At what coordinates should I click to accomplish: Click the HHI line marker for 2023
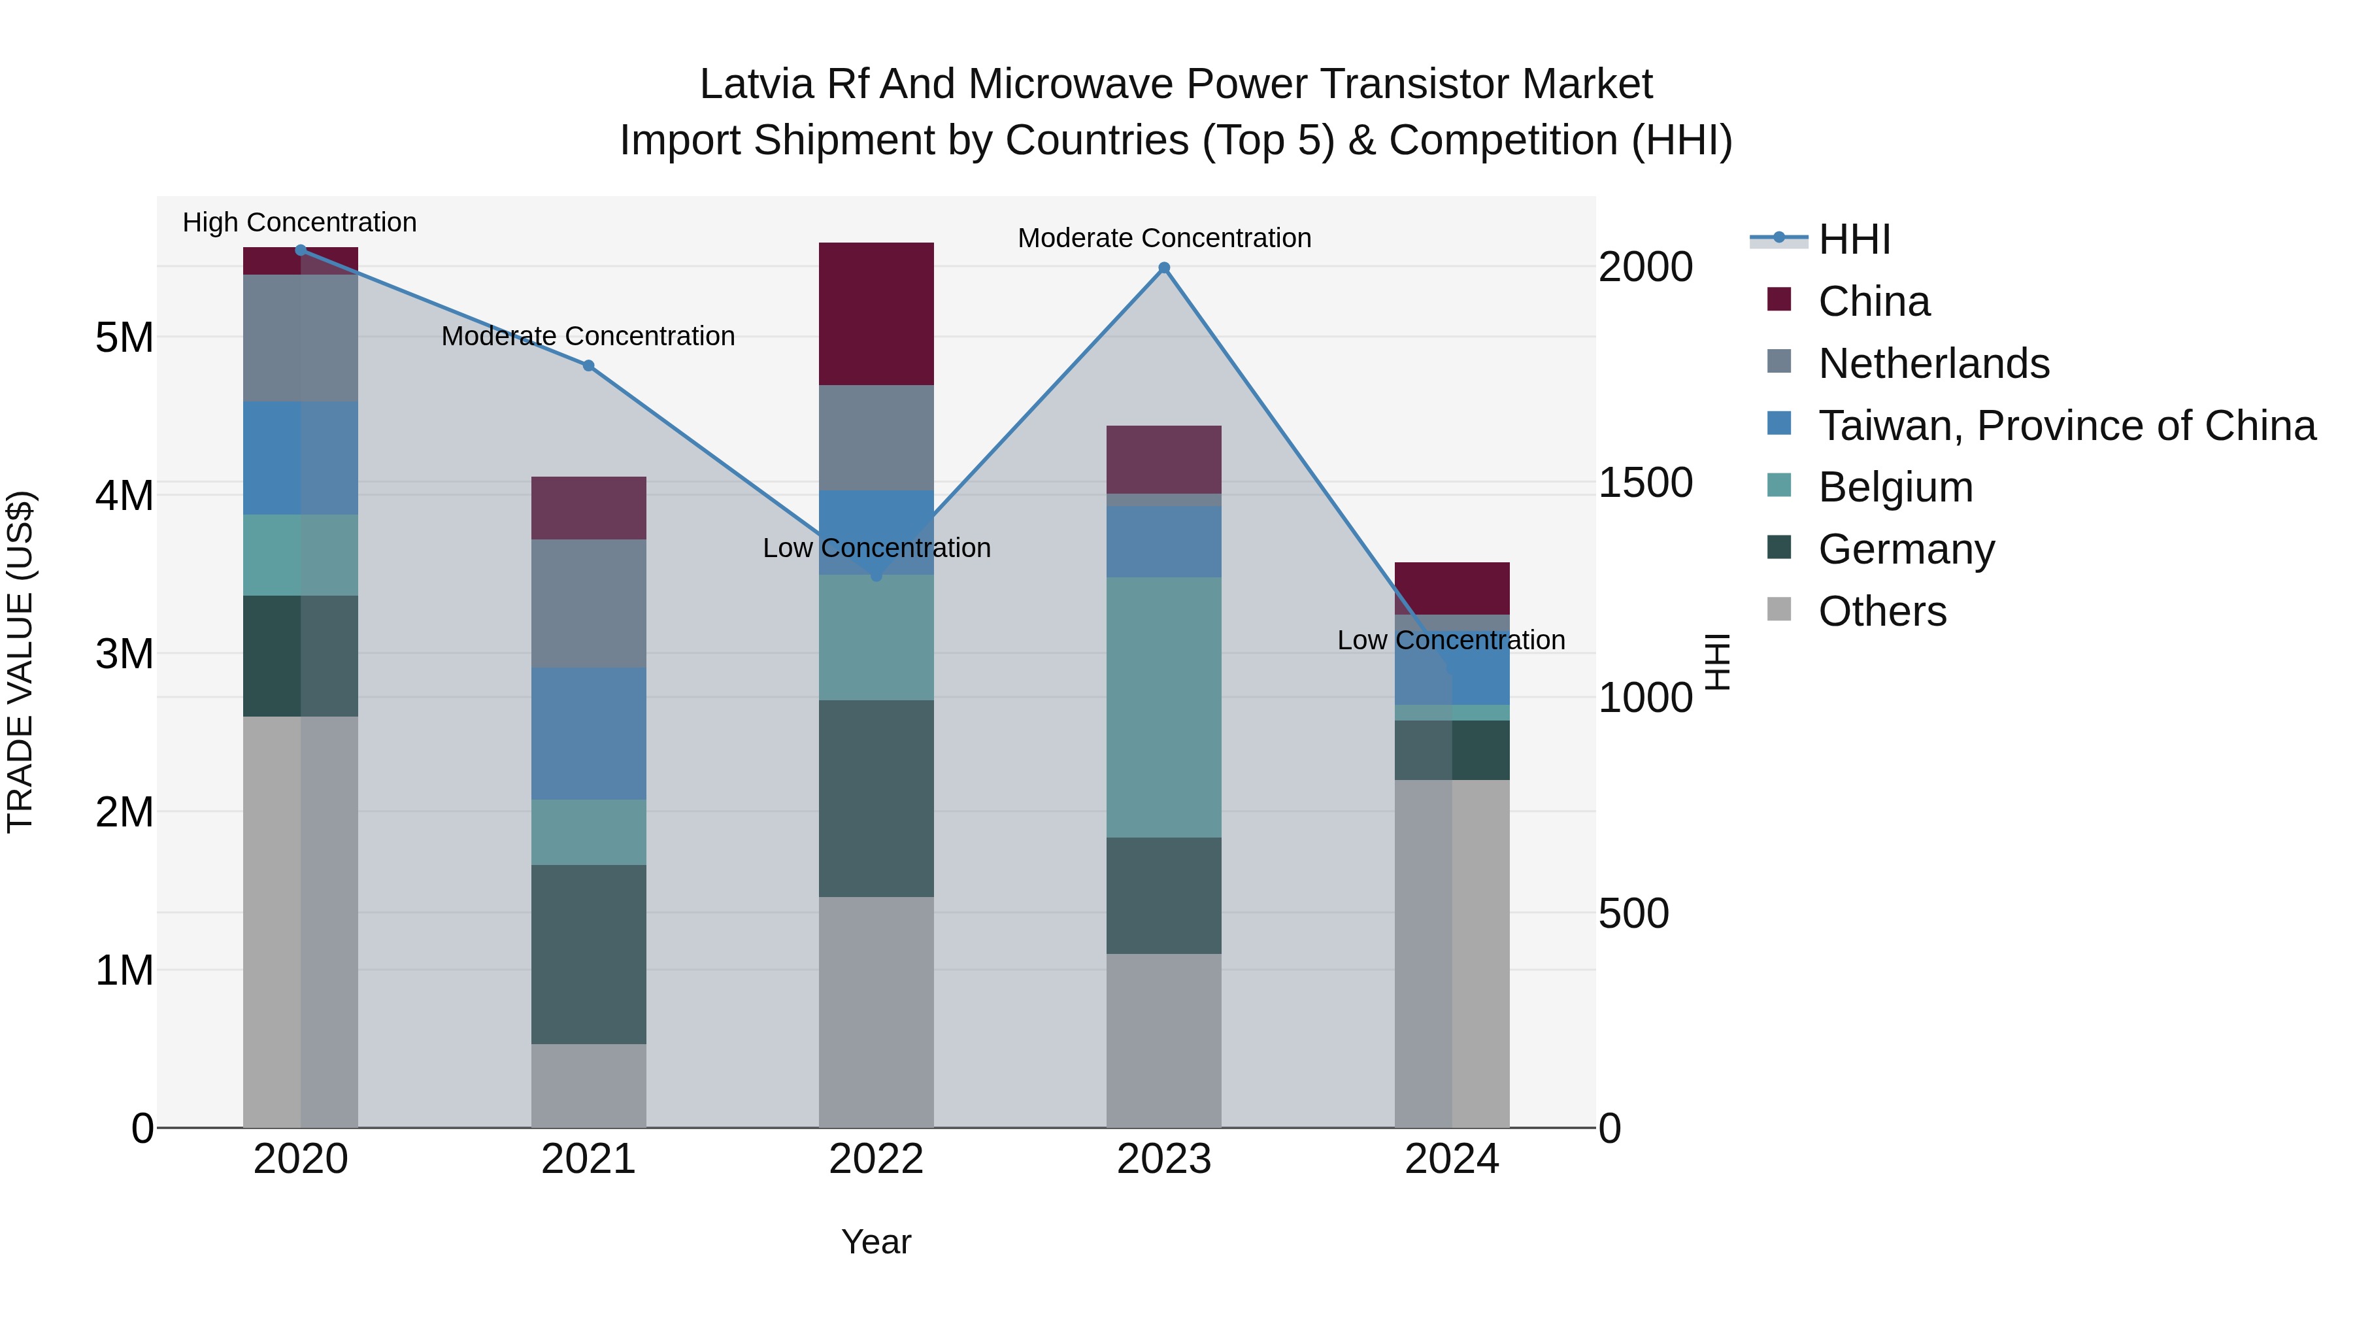point(1163,267)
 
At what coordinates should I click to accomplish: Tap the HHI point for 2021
point(588,365)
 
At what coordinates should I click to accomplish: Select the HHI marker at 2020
point(301,250)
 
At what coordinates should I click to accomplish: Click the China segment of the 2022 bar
point(876,313)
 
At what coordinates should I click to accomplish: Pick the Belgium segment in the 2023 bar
point(1163,707)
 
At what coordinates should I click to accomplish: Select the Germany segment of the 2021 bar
point(588,954)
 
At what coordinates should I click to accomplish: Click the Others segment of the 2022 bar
point(876,1011)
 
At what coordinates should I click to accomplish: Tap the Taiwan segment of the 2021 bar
point(588,734)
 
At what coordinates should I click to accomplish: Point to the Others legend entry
point(1882,611)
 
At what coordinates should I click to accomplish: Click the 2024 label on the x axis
point(1452,1159)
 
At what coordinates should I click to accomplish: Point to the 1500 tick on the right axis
point(1645,483)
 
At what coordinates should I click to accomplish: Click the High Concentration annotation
point(299,222)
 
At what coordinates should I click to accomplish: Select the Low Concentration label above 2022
point(876,549)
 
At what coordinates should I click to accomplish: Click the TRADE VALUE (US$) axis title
point(20,662)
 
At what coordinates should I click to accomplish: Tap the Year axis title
point(876,1242)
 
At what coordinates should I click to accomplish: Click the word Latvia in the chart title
point(756,84)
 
